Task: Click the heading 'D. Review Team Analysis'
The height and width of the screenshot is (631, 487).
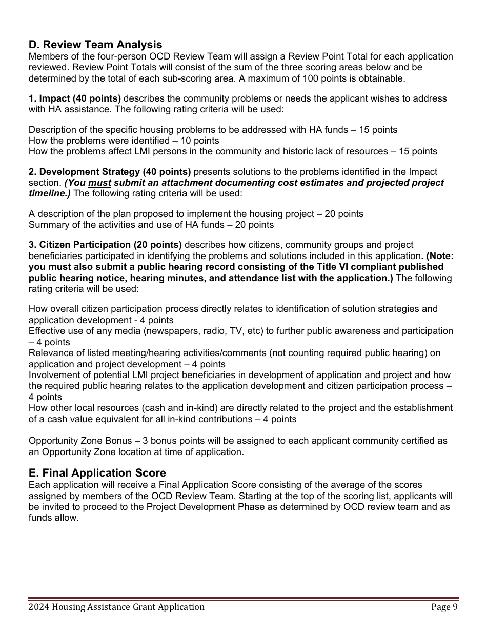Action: [x=95, y=45]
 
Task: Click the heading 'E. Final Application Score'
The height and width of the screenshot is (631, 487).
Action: [x=97, y=473]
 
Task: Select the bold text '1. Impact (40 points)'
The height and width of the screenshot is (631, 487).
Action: [x=75, y=98]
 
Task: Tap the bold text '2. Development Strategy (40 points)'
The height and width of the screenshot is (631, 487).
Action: [x=110, y=172]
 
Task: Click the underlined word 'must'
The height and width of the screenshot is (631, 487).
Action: [x=100, y=183]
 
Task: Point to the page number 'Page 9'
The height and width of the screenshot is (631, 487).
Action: [x=444, y=607]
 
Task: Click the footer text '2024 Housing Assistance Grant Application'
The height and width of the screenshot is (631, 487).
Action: [x=116, y=607]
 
